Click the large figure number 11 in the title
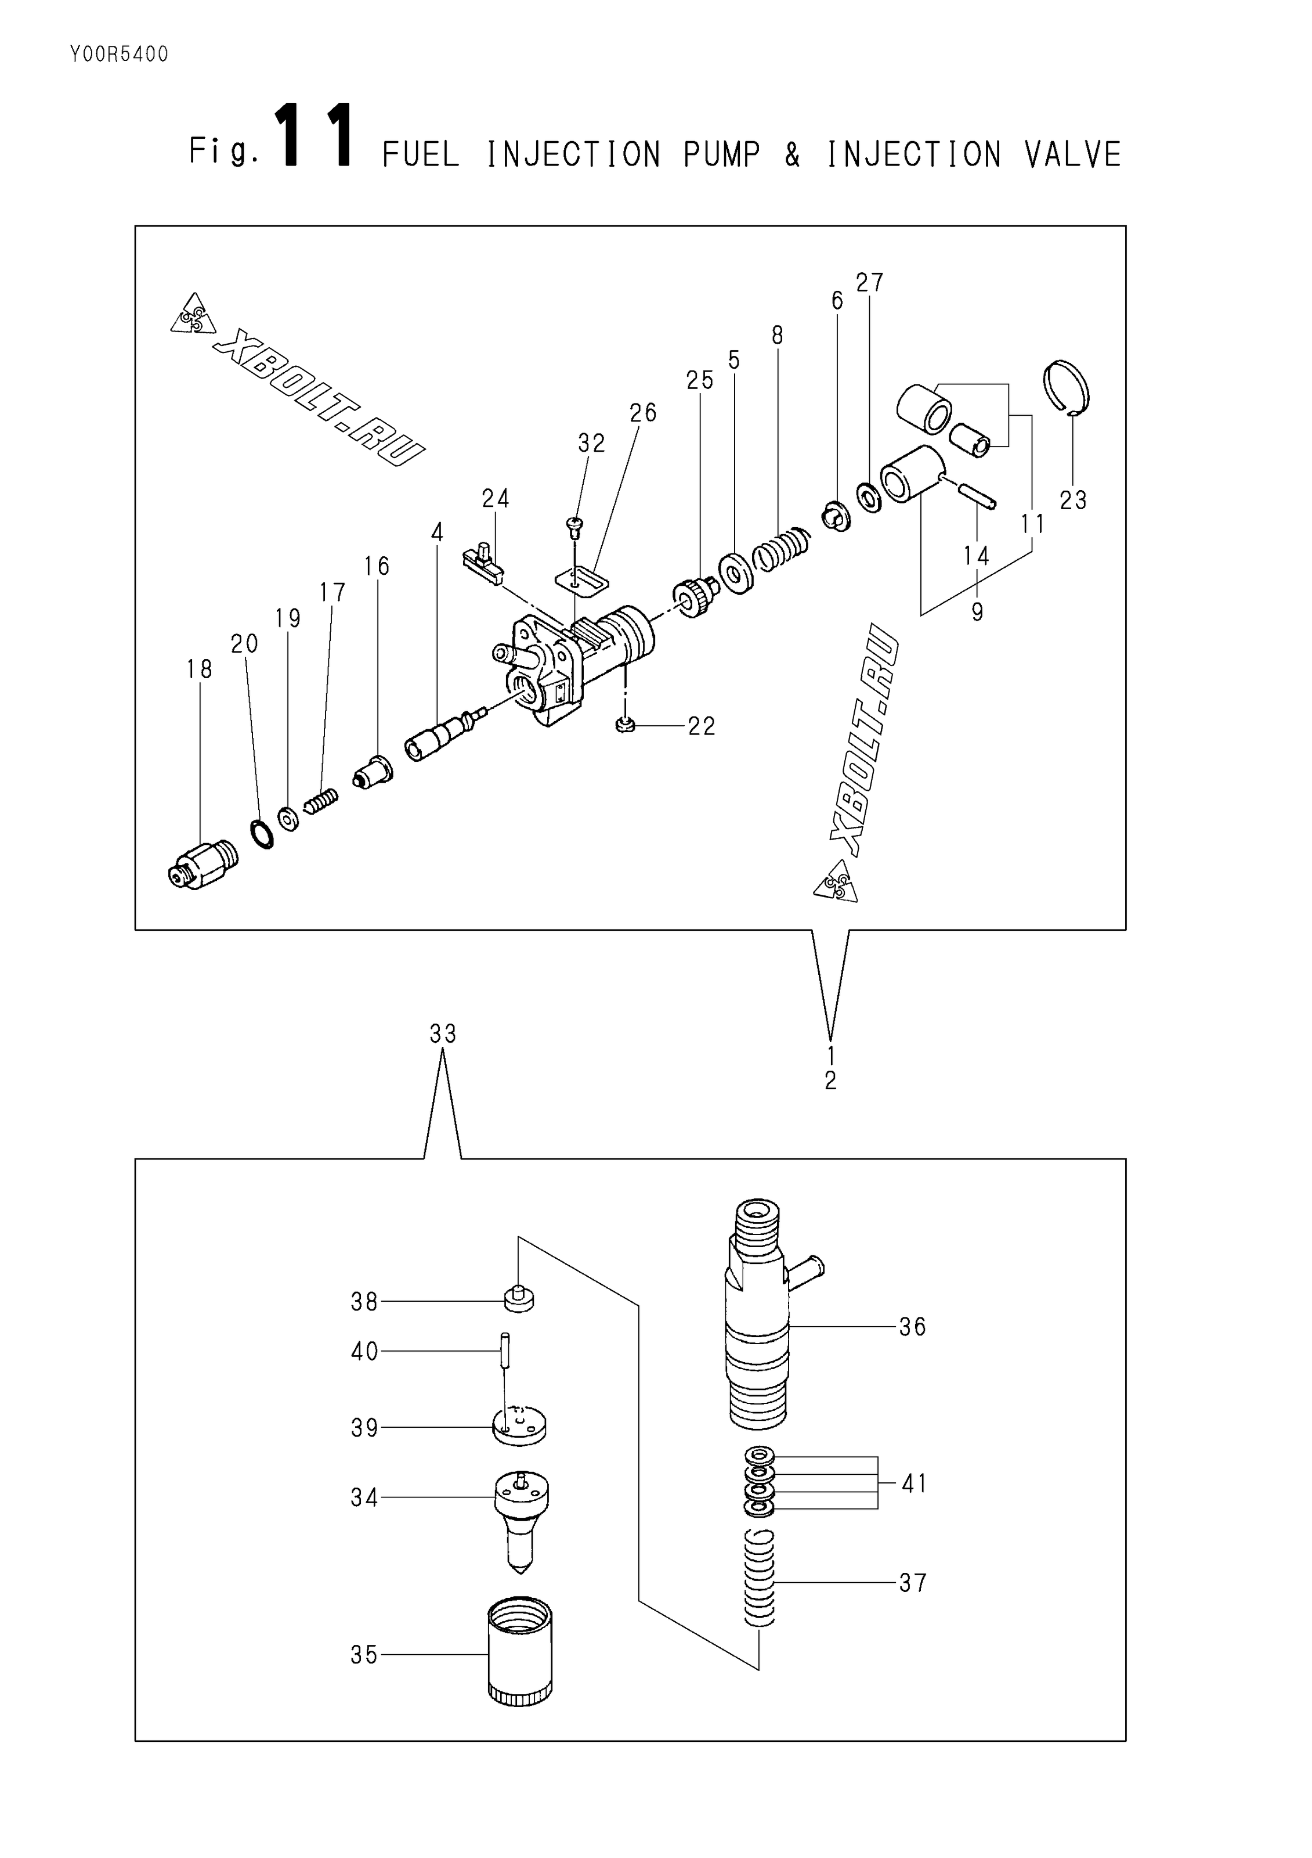coord(314,137)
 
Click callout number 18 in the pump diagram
coord(199,669)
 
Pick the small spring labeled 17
coord(321,802)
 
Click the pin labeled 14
coord(975,495)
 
